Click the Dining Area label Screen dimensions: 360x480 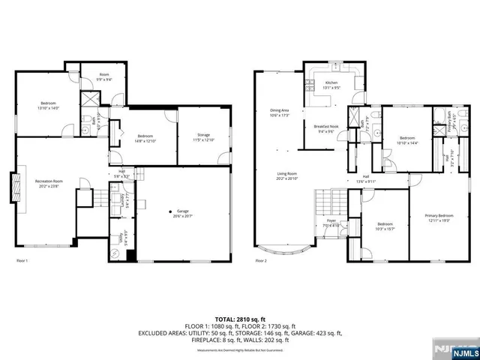click(x=280, y=113)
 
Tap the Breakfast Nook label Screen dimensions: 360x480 click(x=326, y=128)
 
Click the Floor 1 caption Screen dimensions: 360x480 click(x=22, y=260)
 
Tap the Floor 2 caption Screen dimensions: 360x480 click(x=261, y=260)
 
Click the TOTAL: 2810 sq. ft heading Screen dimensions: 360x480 click(x=240, y=319)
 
